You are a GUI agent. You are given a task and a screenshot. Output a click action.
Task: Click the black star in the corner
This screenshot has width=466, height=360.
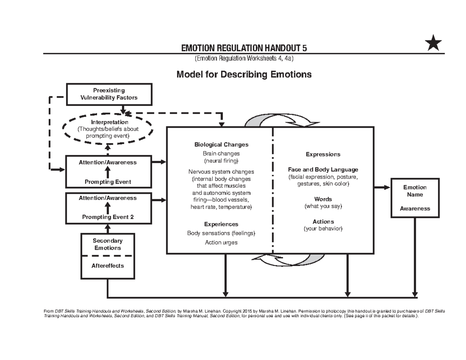pos(433,43)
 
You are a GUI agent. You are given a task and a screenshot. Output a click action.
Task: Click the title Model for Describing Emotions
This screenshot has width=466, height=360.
pos(244,74)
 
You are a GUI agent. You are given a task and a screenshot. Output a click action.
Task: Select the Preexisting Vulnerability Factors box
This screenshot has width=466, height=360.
pos(109,94)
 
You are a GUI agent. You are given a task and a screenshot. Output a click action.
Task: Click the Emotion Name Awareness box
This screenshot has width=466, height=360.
pos(415,198)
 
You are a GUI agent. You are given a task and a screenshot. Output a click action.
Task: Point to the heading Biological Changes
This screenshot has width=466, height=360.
pos(221,144)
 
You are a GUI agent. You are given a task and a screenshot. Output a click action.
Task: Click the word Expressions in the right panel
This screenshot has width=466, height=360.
pos(323,154)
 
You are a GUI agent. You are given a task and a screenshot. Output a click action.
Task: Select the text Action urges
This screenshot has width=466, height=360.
pos(221,242)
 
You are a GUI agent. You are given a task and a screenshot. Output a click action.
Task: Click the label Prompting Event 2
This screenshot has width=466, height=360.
pos(108,217)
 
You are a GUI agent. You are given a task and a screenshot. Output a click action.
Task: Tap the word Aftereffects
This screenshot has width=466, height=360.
pos(108,266)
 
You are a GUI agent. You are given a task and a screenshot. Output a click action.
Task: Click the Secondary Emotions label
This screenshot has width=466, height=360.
pos(108,244)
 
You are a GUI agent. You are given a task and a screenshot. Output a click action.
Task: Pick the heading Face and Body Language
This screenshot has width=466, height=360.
pos(323,170)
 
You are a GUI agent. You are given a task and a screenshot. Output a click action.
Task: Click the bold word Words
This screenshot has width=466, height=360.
pos(323,199)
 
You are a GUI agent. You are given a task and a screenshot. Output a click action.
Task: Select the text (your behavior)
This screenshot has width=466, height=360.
pos(323,228)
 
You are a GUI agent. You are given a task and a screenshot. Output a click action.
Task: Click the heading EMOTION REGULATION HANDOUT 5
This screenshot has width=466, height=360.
pos(244,48)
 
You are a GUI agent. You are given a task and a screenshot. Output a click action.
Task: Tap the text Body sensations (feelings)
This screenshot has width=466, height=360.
pos(221,233)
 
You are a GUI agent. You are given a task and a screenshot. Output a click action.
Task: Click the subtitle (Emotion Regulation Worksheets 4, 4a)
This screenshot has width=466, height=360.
pos(244,59)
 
